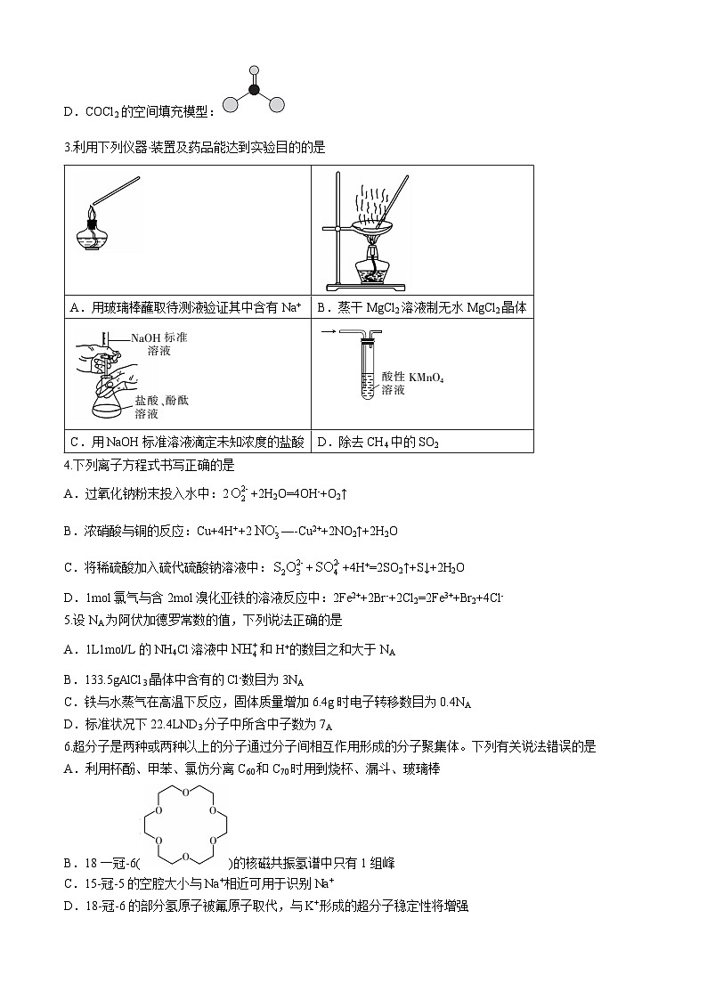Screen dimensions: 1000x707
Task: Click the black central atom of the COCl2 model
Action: pyautogui.click(x=254, y=89)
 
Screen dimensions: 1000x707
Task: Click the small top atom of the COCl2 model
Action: pyautogui.click(x=254, y=68)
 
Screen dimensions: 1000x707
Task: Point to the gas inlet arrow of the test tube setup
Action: pyautogui.click(x=328, y=331)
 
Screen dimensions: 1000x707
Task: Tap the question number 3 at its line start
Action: pyautogui.click(x=68, y=147)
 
